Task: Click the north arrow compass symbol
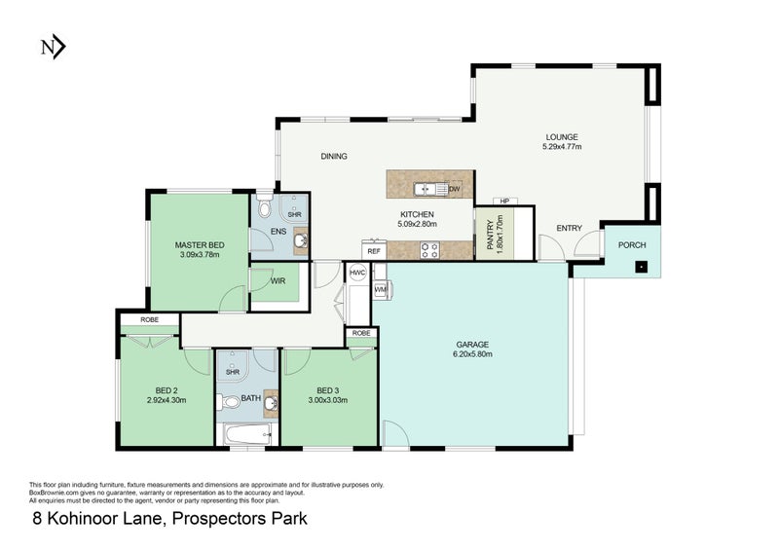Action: (52, 46)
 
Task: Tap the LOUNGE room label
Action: (561, 136)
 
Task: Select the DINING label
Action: (334, 156)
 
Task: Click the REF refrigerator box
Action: (374, 250)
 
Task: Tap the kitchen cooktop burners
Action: (429, 250)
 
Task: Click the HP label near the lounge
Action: (504, 202)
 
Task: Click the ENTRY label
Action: (569, 229)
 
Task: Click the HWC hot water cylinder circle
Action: (357, 274)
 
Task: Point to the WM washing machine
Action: (381, 290)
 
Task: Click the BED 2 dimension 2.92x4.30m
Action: (166, 399)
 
